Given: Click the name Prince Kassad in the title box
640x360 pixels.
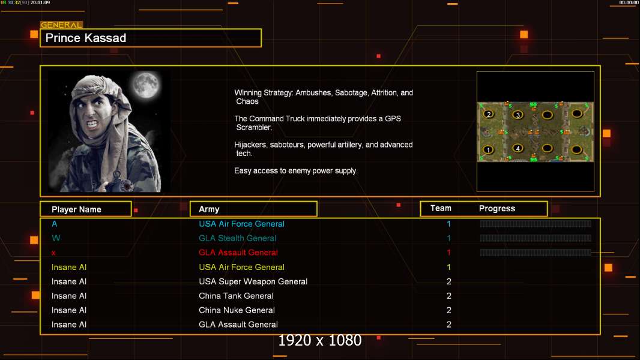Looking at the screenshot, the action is tap(86, 38).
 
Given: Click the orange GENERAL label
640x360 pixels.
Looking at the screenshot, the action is tap(61, 25).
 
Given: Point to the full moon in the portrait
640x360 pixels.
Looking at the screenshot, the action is tap(146, 85).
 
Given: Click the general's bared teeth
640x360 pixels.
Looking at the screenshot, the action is tap(92, 123).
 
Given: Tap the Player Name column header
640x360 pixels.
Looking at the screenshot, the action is tap(76, 209).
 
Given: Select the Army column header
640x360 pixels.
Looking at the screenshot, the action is tap(209, 209).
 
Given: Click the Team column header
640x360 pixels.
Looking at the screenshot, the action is tap(441, 208).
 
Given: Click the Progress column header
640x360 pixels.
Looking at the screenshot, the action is tap(497, 209).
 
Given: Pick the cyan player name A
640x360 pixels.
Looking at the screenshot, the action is tap(54, 224).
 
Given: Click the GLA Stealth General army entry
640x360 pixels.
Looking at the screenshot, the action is tap(237, 238).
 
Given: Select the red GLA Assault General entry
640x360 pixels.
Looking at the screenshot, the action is tap(238, 253).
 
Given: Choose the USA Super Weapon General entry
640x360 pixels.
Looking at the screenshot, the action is tap(253, 281).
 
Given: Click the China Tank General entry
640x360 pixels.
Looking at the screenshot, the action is tap(236, 296).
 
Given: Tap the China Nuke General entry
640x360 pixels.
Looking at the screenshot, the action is tap(237, 310).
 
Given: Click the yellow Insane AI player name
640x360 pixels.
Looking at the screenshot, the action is tap(69, 267).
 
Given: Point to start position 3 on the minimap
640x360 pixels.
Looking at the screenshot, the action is tap(518, 115).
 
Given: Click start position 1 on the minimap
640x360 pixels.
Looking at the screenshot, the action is tap(488, 149).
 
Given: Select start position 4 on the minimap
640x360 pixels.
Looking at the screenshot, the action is tap(518, 148).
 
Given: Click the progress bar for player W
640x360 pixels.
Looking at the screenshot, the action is tap(536, 238).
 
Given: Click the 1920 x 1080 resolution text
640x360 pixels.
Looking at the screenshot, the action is tap(319, 340).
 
